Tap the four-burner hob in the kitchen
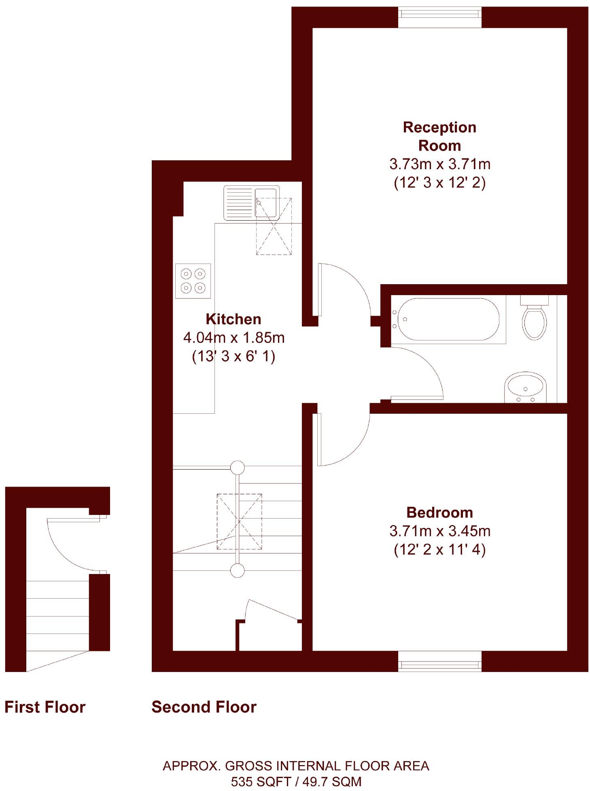(193, 281)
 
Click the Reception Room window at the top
(440, 17)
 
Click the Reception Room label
(439, 136)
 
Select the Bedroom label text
(439, 512)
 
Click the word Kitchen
(233, 319)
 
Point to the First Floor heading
(45, 707)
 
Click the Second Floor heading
(204, 707)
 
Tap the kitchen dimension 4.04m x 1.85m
(234, 338)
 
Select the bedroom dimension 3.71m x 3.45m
(440, 531)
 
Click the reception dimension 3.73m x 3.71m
(440, 164)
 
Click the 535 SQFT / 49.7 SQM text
(296, 781)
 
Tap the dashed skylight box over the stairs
(239, 521)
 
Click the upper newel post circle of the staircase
(238, 468)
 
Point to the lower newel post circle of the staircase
(238, 571)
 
